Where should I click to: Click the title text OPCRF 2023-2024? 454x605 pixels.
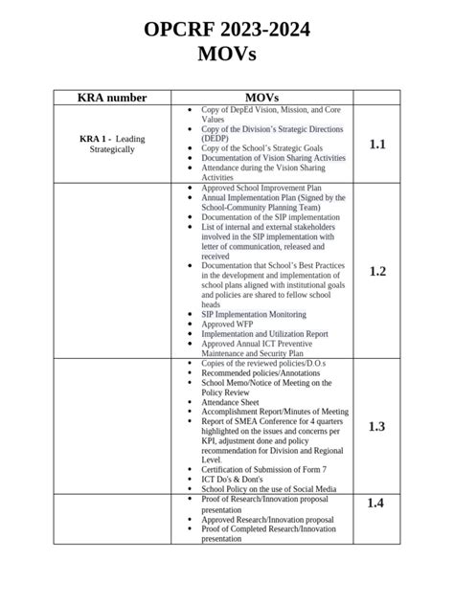(227, 31)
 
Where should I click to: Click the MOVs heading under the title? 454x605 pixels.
(227, 56)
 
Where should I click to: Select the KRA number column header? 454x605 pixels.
(112, 98)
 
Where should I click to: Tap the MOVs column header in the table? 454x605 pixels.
(261, 98)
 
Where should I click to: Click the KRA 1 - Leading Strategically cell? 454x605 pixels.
(112, 145)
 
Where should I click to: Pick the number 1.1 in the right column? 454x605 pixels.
(376, 145)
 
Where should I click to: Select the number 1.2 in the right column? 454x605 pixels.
(376, 271)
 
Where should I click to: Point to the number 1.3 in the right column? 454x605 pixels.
(376, 426)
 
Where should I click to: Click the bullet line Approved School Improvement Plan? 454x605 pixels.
(261, 190)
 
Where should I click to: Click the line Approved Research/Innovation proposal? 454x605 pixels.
(267, 519)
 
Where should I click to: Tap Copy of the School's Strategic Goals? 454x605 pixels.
(261, 148)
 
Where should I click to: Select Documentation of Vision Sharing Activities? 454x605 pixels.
(273, 158)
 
